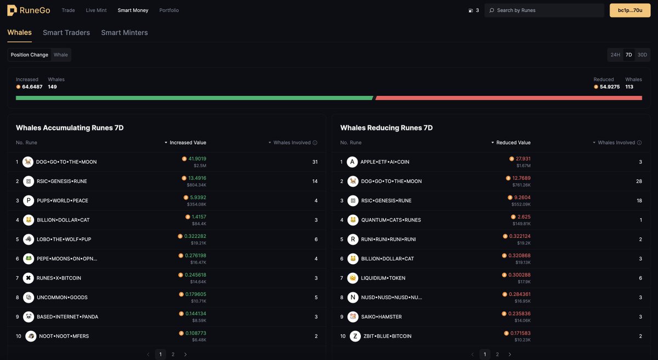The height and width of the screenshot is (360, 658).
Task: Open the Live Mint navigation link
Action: click(x=97, y=10)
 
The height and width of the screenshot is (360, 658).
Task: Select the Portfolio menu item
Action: click(x=169, y=10)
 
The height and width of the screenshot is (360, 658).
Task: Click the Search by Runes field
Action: click(x=543, y=10)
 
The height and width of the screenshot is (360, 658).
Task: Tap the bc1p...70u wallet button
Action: click(x=630, y=10)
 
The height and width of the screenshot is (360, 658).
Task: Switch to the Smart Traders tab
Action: click(x=66, y=33)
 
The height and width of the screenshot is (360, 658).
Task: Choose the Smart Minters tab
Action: click(x=124, y=33)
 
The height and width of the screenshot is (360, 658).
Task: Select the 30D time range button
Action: click(x=642, y=55)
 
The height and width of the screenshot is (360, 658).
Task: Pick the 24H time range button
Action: click(x=615, y=55)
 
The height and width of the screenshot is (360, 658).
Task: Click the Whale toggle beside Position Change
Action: click(x=61, y=55)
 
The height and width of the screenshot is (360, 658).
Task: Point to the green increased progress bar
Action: click(x=194, y=98)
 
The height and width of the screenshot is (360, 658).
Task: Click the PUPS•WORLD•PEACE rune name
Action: click(x=62, y=201)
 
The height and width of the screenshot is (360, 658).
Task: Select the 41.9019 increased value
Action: click(x=197, y=159)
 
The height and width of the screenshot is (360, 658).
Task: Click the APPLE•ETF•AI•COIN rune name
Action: click(x=385, y=162)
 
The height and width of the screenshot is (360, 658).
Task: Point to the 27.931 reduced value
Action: click(x=523, y=159)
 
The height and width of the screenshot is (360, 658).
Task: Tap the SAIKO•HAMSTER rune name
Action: click(x=381, y=317)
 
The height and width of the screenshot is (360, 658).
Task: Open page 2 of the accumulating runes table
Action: click(x=173, y=355)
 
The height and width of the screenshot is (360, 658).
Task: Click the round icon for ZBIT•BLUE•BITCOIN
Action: click(x=355, y=336)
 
